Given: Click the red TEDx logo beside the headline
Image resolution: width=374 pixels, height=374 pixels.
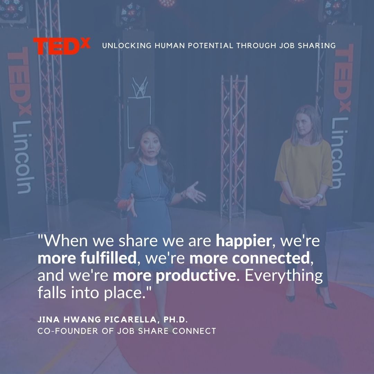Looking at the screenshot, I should coord(62,46).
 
